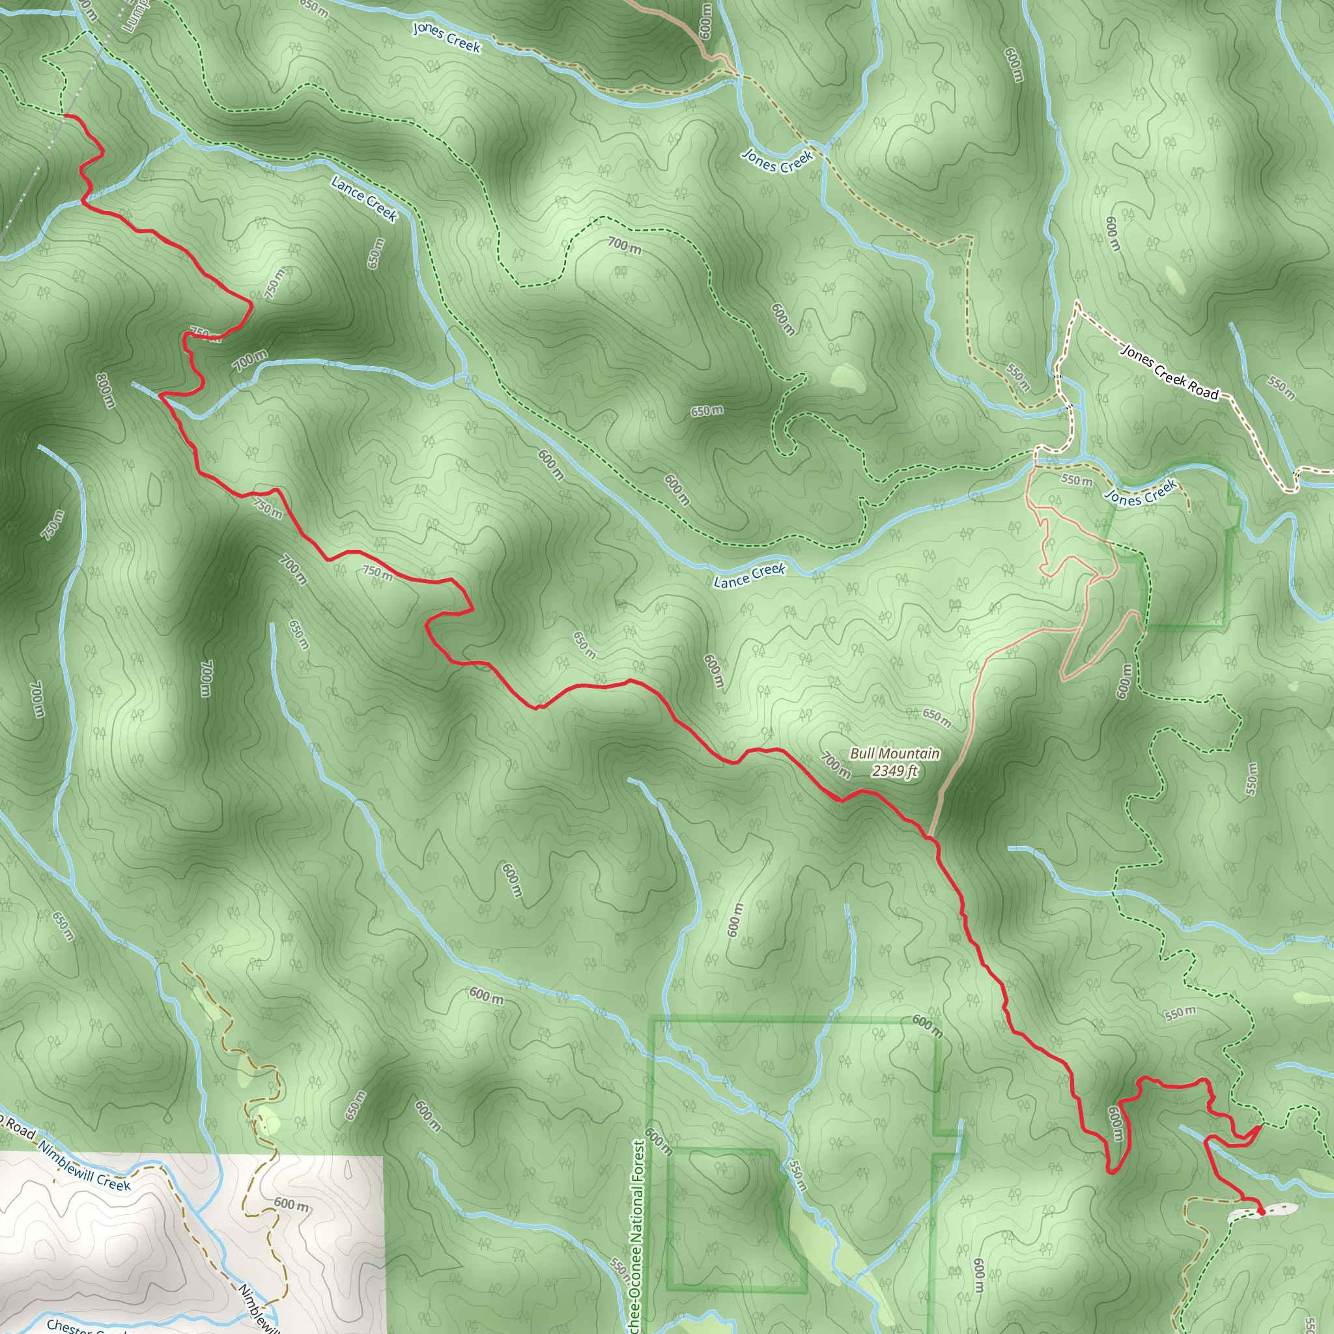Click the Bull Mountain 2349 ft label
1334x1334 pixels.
coord(894,761)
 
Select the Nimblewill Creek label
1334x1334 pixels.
coord(84,1166)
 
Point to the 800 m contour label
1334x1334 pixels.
coord(104,390)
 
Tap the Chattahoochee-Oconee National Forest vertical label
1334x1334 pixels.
coord(637,1236)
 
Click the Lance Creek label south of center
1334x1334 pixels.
coord(749,575)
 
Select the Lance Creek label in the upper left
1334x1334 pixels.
coord(364,199)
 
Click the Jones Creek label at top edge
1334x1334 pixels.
coord(446,37)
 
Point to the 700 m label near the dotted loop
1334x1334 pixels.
coord(624,244)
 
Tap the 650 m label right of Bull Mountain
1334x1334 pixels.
coord(937,718)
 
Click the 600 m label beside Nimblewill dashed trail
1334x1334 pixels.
coord(291,1204)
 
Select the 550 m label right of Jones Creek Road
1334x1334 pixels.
coord(1281,388)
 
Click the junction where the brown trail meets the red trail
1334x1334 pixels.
coord(930,838)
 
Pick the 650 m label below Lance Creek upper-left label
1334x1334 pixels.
coord(375,253)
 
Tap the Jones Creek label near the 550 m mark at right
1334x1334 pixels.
coord(1140,493)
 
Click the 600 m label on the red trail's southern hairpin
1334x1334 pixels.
coord(1115,1124)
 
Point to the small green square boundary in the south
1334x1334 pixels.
coord(736,1221)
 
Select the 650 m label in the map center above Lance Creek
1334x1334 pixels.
coord(707,411)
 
